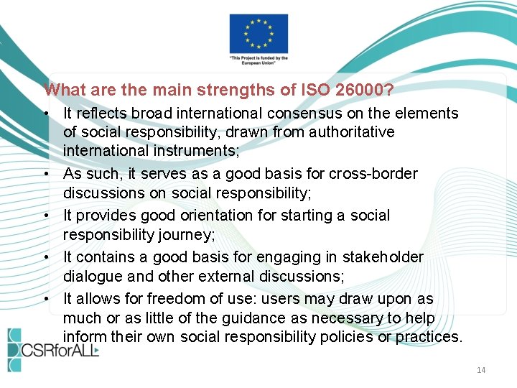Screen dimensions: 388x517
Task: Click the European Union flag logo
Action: (258, 33)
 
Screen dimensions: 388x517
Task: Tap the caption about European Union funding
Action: (258, 60)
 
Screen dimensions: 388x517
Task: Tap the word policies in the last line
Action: (348, 336)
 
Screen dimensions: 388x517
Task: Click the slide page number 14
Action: (481, 370)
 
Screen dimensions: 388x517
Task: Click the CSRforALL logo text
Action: (61, 350)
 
